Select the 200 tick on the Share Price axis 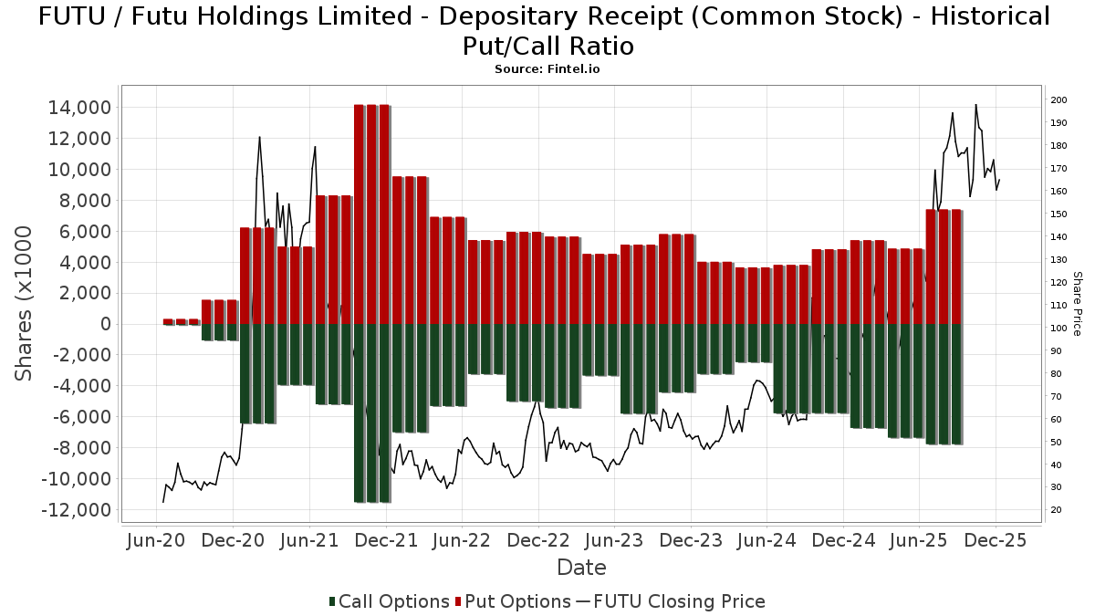pos(1058,100)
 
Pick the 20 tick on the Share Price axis pos(1056,510)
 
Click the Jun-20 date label pos(157,540)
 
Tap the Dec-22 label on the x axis pos(537,540)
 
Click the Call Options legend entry pos(390,601)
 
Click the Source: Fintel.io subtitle pos(547,68)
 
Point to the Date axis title pos(581,568)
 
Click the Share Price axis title pos(1078,304)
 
